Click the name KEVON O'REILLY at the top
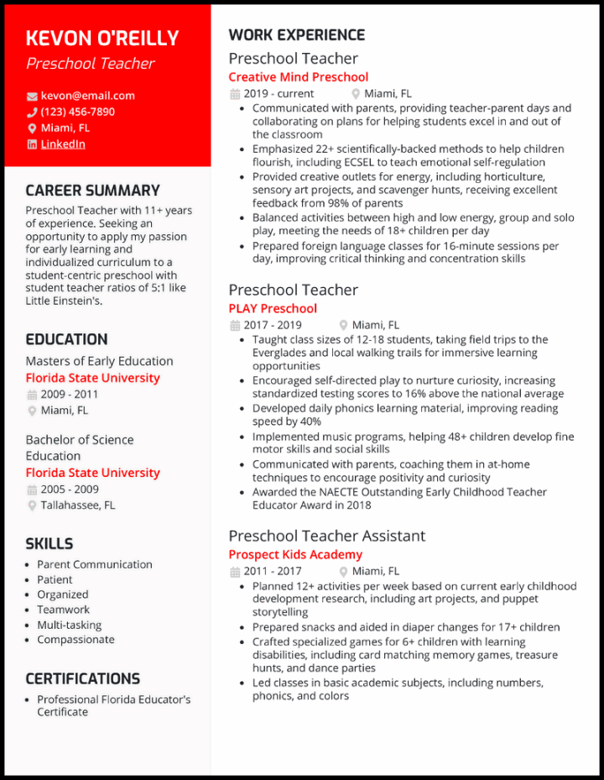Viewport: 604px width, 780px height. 102,38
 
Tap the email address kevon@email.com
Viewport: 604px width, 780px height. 87,96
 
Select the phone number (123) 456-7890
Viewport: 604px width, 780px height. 78,112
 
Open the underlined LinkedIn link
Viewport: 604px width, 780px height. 63,144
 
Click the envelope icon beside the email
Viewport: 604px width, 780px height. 32,97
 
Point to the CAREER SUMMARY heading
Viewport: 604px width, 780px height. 92,191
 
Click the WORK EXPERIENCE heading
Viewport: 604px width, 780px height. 296,35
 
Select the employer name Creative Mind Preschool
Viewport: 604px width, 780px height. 298,77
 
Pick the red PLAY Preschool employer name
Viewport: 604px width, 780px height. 273,309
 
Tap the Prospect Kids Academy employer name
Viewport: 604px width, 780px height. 295,555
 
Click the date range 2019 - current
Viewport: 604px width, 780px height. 279,94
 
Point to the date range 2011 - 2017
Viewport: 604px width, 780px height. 273,572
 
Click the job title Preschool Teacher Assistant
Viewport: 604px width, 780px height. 326,536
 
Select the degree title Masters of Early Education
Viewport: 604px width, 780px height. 99,361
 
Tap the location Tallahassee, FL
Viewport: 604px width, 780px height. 78,505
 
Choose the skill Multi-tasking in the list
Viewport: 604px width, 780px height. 69,625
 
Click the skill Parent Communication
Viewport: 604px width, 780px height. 95,564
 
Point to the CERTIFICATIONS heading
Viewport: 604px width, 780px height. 82,678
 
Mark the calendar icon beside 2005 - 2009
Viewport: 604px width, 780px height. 32,489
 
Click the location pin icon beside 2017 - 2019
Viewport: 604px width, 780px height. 343,325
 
